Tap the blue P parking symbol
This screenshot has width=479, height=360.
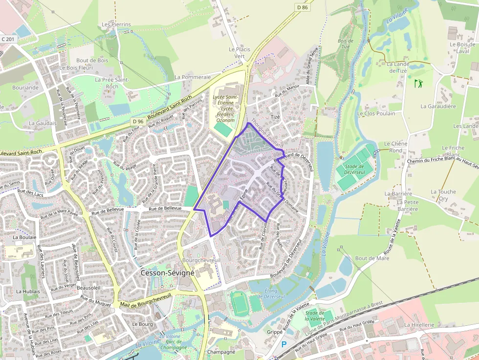click(283, 344)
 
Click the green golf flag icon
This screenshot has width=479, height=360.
click(418, 84)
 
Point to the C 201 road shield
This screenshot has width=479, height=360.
click(8, 39)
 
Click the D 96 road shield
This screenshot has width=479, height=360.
click(138, 121)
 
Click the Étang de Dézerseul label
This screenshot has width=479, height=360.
click(278, 294)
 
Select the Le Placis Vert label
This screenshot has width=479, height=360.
click(239, 53)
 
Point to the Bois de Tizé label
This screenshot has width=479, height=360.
click(345, 43)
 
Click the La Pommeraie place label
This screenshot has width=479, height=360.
click(193, 77)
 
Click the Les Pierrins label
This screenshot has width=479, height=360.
click(116, 24)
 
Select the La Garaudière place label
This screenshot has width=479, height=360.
click(438, 106)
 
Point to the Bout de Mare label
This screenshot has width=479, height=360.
click(372, 258)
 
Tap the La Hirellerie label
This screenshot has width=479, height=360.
click(419, 324)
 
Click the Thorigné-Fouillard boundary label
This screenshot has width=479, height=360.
click(268, 134)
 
